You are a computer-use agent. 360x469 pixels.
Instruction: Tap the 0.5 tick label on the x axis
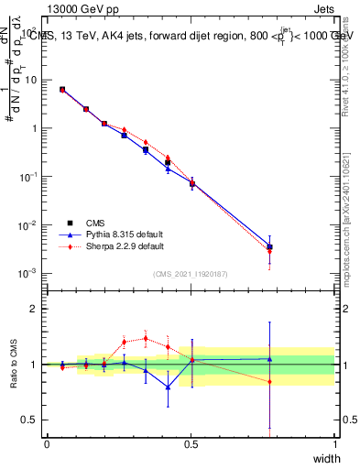pyautogui.click(x=191, y=444)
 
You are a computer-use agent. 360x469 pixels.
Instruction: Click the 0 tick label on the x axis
pyautogui.click(x=47, y=444)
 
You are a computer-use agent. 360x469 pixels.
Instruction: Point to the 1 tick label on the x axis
pyautogui.click(x=334, y=444)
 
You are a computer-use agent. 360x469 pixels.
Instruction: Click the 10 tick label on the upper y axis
pyautogui.click(x=31, y=80)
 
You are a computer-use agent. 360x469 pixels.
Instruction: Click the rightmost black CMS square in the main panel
pyautogui.click(x=269, y=247)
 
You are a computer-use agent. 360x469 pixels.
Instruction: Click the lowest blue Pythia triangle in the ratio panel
pyautogui.click(x=168, y=387)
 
